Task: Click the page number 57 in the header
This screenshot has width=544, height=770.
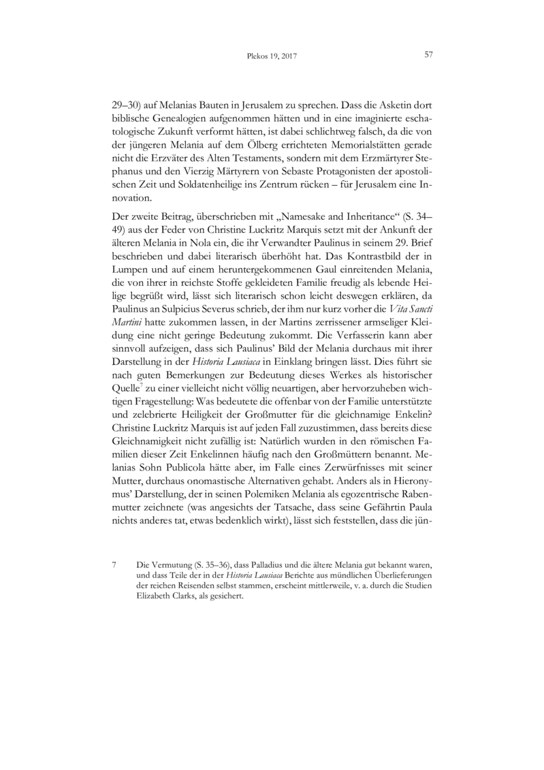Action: [x=429, y=55]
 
